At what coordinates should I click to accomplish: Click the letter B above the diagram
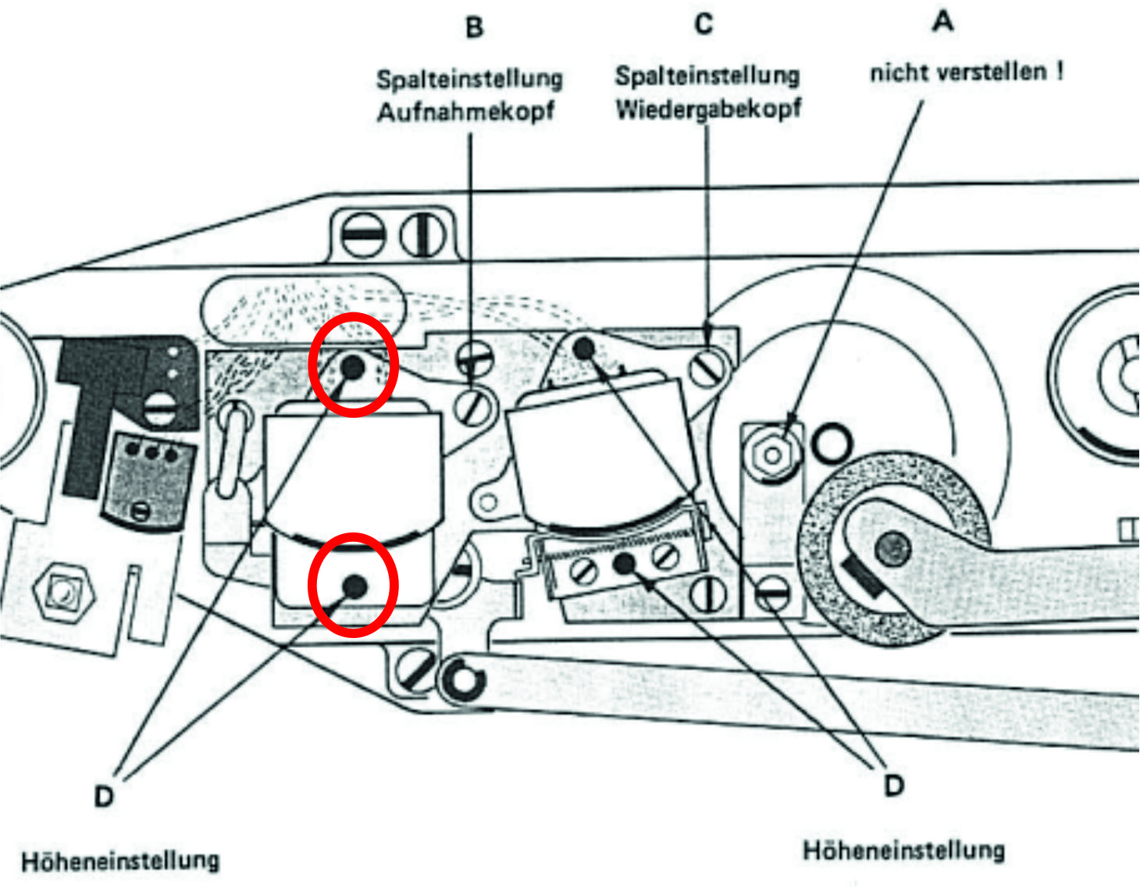click(474, 27)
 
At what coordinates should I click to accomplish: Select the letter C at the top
click(704, 24)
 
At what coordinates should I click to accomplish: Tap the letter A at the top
click(942, 21)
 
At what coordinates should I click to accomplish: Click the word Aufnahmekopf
click(465, 112)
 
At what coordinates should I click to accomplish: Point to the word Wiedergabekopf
click(707, 109)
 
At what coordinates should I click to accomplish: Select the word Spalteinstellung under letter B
click(469, 79)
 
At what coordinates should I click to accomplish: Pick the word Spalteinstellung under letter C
click(707, 76)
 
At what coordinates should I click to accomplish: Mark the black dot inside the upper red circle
click(353, 366)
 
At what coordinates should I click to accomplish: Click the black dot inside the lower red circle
click(354, 585)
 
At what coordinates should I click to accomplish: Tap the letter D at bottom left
click(104, 796)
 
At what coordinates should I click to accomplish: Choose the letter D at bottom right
click(894, 785)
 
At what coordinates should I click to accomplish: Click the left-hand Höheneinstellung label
click(120, 861)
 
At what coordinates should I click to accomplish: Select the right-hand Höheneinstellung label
click(903, 850)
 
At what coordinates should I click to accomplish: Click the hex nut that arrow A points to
click(772, 454)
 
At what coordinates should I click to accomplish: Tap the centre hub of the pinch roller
click(892, 549)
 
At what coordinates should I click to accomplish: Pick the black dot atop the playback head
click(583, 347)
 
